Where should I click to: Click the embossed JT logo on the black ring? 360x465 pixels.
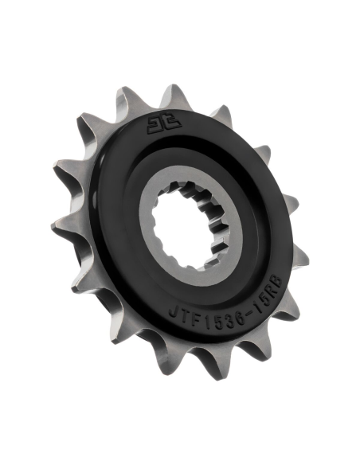pyautogui.click(x=164, y=123)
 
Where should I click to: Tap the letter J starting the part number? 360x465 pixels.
pyautogui.click(x=173, y=313)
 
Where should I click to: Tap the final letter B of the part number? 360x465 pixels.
pyautogui.click(x=279, y=280)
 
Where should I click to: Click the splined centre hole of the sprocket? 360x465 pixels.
pyautogui.click(x=187, y=225)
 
